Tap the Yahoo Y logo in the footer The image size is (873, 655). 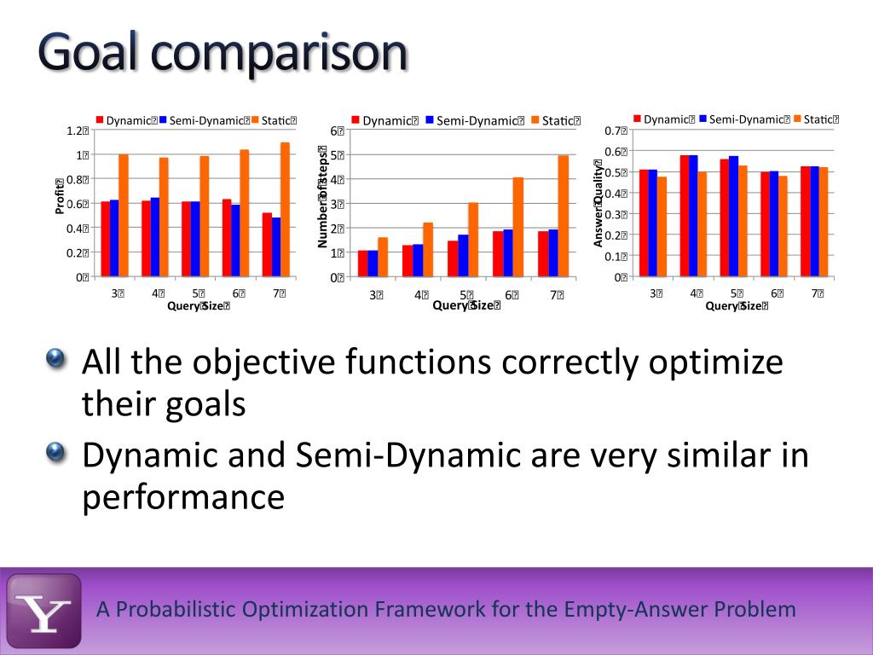point(44,611)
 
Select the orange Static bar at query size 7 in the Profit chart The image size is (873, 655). point(285,209)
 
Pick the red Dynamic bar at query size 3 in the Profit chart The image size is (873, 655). point(105,239)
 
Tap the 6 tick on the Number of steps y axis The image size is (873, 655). point(338,130)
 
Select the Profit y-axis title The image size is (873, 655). point(60,196)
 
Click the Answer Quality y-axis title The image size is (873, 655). point(598,203)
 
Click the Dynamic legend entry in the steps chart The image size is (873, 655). point(384,121)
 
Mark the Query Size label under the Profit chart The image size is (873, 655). point(198,307)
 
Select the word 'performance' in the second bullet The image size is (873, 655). point(182,496)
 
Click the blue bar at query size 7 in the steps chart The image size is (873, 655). point(552,252)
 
